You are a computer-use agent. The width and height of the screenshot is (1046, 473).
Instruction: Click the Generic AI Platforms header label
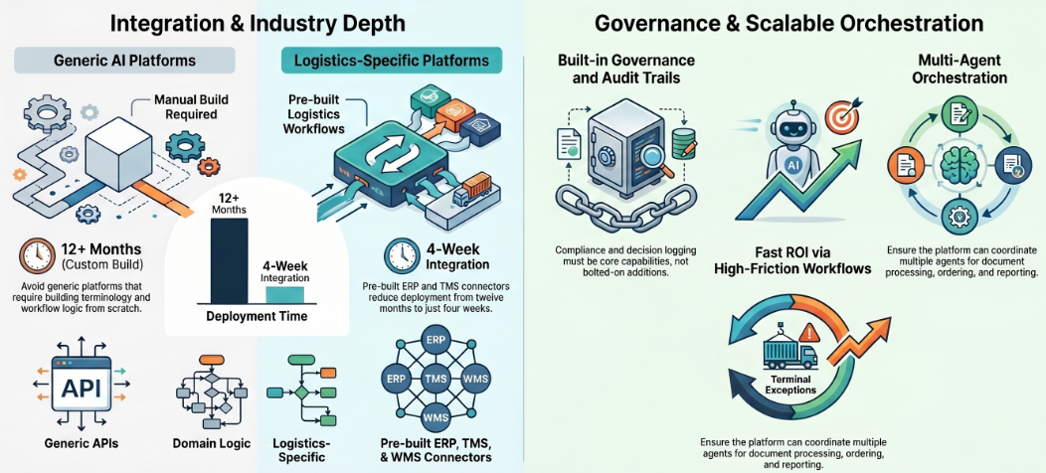(x=124, y=60)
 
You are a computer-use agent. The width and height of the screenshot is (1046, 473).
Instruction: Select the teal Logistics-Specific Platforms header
(x=392, y=61)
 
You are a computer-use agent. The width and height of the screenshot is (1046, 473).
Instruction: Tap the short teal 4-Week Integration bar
(x=284, y=295)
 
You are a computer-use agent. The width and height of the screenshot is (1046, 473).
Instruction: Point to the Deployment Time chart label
(x=257, y=316)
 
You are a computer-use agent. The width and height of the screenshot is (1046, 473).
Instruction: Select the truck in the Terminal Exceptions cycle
(x=789, y=352)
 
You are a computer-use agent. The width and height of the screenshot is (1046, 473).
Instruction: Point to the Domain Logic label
(x=211, y=443)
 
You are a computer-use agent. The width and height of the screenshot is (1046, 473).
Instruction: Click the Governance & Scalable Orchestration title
(x=788, y=24)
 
